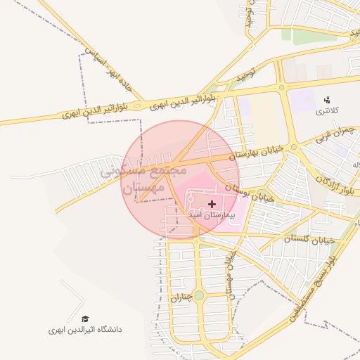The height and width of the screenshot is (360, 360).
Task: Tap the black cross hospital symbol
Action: tap(212, 203)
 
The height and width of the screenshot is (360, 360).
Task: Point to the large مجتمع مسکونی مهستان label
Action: tap(144, 179)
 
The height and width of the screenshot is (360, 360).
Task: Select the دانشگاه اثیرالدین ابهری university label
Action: tap(85, 329)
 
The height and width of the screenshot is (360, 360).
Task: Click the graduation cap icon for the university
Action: tap(86, 319)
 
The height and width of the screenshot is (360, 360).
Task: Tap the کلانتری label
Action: tap(326, 111)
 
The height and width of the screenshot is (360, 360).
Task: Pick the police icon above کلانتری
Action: tap(326, 100)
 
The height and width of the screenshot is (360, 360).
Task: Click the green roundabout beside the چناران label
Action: tap(199, 295)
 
